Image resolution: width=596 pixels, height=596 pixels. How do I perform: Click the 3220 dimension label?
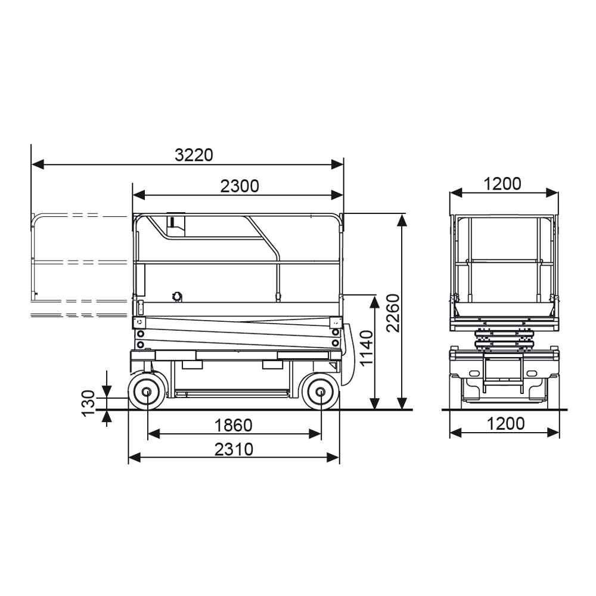click(194, 155)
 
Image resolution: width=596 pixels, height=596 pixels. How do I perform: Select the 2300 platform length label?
click(240, 186)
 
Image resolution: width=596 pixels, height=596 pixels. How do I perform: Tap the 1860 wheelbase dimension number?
click(234, 426)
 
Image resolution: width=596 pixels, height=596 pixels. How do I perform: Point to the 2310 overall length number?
click(234, 449)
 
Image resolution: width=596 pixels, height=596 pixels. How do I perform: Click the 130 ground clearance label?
click(89, 403)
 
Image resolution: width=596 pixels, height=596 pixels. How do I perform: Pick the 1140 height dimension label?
click(367, 348)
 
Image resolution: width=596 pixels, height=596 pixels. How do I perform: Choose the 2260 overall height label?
click(393, 313)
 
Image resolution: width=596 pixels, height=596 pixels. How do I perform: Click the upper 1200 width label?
click(502, 184)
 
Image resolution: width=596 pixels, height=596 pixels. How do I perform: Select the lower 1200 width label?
click(505, 423)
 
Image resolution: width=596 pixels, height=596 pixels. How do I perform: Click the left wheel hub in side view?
click(147, 392)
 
